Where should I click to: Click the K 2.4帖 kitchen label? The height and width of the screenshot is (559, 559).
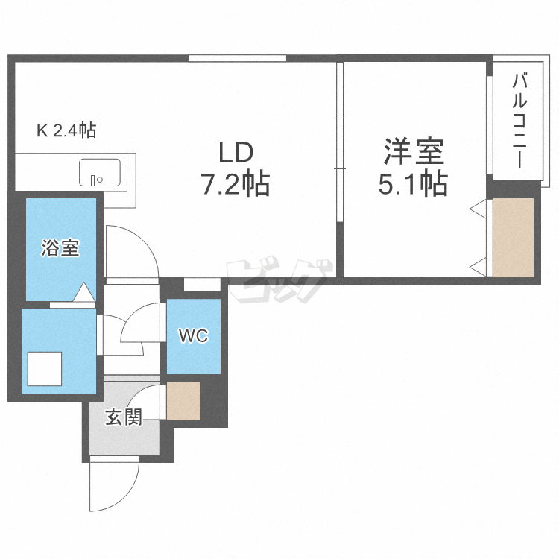[x=66, y=131]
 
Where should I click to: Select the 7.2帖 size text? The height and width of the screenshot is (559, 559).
[x=236, y=183]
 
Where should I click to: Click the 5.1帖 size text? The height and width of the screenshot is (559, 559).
[x=414, y=183]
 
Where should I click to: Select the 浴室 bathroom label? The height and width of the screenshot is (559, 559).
[x=60, y=248]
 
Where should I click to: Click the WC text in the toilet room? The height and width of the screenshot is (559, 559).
[x=192, y=335]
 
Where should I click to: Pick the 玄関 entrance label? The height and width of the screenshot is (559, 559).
[x=123, y=417]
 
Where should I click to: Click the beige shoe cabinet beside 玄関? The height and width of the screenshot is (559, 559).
[x=183, y=399]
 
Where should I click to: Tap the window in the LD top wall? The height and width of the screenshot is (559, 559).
[x=237, y=57]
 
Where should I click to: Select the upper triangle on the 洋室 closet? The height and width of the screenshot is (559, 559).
[x=477, y=211]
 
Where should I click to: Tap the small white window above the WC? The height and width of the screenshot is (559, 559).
[x=202, y=285]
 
